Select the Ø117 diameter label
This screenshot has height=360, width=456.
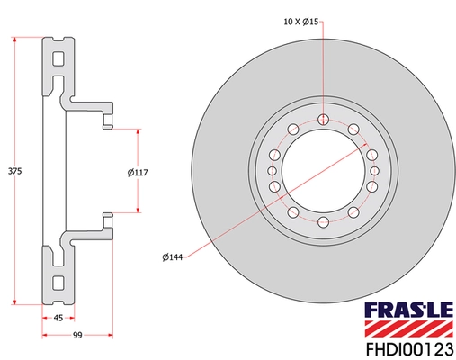point(137,171)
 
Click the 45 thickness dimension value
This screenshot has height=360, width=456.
point(58,317)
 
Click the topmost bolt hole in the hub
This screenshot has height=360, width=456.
point(322,119)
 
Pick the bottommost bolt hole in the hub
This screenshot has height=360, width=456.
point(322,221)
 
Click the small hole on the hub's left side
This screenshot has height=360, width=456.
point(272,170)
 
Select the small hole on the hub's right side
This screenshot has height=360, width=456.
point(374,170)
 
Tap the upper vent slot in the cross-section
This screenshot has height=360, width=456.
point(58,62)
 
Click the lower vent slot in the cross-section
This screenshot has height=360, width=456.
point(58,281)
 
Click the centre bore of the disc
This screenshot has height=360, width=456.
point(322,170)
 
